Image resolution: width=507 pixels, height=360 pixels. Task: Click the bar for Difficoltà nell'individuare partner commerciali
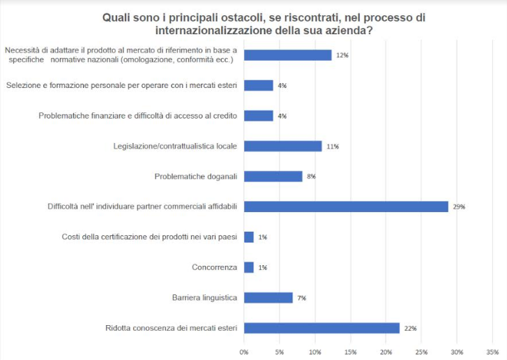(x=346, y=207)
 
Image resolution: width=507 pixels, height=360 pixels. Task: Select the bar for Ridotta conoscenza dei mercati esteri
(x=321, y=328)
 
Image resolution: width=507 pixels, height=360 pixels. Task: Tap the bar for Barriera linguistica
(x=268, y=298)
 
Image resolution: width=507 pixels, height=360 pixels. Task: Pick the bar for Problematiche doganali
(x=273, y=177)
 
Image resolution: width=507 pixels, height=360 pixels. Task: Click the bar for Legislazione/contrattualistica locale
(x=282, y=146)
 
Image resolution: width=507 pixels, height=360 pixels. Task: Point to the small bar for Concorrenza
(x=249, y=267)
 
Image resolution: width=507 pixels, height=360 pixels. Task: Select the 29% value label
(x=459, y=207)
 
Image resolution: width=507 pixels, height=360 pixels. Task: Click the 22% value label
(x=410, y=329)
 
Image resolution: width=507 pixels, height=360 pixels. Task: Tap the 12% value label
(x=342, y=55)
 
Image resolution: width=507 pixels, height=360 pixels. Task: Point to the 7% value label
(x=301, y=299)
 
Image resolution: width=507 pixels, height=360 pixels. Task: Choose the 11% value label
(x=332, y=147)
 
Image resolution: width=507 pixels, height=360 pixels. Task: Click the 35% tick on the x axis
(x=492, y=352)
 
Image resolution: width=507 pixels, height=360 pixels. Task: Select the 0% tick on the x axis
(x=244, y=352)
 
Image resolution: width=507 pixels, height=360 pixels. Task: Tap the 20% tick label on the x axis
(x=386, y=352)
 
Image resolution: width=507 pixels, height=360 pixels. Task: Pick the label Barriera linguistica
(x=205, y=298)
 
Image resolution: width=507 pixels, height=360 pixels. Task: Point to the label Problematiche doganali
(x=196, y=177)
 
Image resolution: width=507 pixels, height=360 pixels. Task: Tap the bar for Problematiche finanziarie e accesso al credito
(x=259, y=116)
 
